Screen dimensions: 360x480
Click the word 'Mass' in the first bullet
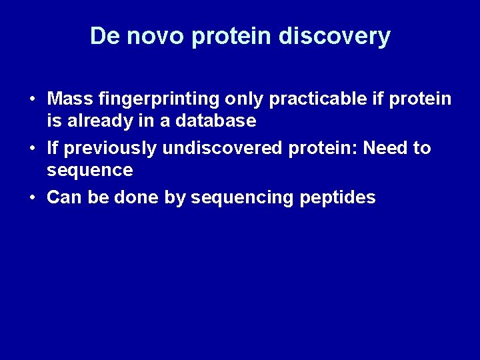click(70, 99)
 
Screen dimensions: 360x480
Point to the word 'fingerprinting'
click(159, 99)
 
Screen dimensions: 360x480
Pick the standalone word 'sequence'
click(90, 170)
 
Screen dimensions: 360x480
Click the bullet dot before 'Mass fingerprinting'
click(32, 100)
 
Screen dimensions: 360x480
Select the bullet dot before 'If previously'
click(32, 149)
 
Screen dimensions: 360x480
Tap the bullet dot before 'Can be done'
click(32, 198)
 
